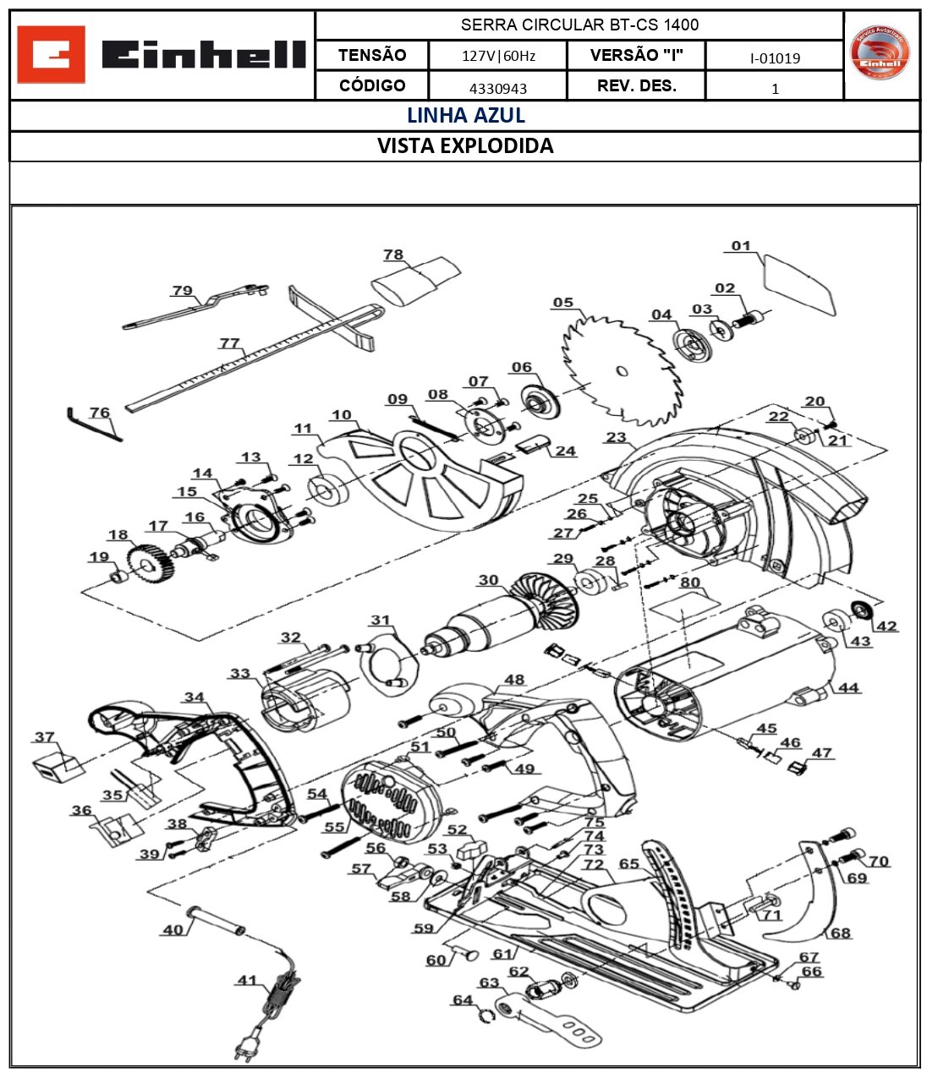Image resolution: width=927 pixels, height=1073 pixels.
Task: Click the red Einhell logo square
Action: pos(52,55)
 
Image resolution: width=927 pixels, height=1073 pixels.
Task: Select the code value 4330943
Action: pos(497,88)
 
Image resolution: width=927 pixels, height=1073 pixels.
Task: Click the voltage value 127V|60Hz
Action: pos(497,57)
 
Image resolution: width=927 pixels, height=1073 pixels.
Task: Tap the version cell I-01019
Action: pos(774,58)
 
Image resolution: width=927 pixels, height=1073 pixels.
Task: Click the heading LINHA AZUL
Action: pos(465,116)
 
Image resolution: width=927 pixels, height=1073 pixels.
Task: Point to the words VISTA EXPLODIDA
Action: pos(465,146)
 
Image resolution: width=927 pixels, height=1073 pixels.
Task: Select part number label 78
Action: pos(393,255)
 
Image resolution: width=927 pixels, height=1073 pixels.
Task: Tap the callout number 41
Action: pos(246,981)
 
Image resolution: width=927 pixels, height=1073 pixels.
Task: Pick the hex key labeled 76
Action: pos(93,425)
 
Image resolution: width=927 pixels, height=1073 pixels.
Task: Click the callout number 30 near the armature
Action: pos(488,580)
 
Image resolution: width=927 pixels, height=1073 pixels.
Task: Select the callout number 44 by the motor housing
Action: pos(848,687)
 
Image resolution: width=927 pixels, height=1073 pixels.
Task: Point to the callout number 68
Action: pos(840,933)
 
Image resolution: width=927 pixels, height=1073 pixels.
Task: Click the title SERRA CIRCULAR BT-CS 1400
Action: pos(579,25)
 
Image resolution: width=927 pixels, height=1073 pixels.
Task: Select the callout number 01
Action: pos(741,246)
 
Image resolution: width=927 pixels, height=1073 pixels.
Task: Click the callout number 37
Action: pos(44,737)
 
